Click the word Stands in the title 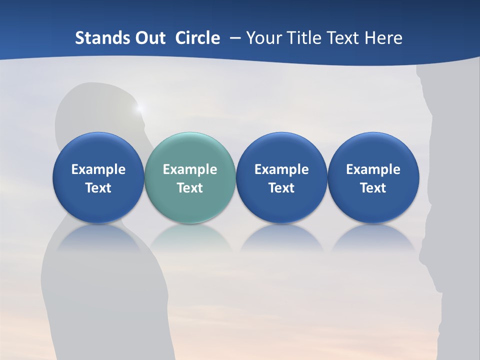point(102,38)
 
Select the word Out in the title point(149,38)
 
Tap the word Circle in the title point(197,38)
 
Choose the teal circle point(189,177)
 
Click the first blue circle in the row point(98,177)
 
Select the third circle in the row point(281,177)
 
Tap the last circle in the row point(373,177)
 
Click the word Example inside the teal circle point(190,169)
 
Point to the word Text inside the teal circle point(190,188)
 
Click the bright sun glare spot point(139,107)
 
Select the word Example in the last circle point(373,169)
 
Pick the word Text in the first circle point(98,188)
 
